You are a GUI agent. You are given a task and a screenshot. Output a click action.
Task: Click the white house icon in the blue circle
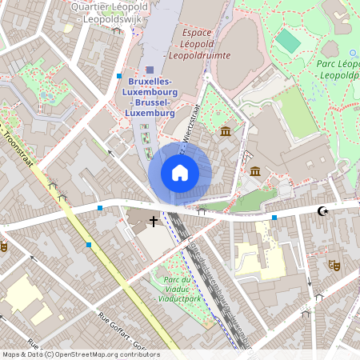click(180, 173)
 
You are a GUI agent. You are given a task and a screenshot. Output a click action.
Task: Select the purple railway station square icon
click(150, 70)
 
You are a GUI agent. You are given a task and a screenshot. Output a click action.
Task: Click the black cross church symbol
click(154, 219)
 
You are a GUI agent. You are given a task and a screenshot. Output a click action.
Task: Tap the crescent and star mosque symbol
click(322, 211)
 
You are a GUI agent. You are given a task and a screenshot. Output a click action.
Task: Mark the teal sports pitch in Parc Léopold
click(286, 41)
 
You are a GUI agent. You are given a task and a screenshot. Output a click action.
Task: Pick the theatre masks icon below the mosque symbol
click(334, 264)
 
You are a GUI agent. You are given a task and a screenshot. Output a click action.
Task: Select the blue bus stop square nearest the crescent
click(274, 217)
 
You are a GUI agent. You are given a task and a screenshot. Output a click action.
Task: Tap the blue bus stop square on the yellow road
click(88, 245)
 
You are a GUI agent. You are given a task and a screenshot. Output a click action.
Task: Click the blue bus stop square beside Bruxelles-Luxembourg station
click(119, 76)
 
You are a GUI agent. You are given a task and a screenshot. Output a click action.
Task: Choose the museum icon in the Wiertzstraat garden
click(226, 130)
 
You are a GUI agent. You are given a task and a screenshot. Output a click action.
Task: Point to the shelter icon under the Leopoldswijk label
click(117, 30)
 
